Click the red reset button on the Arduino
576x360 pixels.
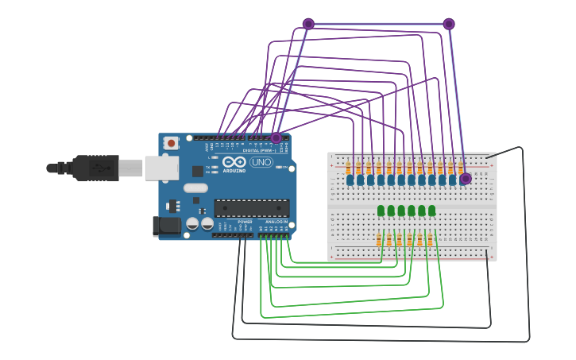pos(170,143)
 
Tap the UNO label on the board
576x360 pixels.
pos(261,162)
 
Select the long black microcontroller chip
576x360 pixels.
pos(251,208)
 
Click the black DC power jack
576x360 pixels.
pos(169,226)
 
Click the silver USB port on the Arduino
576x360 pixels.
pos(161,168)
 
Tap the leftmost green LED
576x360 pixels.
pos(381,211)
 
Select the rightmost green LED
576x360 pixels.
pos(432,211)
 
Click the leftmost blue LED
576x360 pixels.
pos(350,180)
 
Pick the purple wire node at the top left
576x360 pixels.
pos(308,24)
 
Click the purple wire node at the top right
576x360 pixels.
pos(449,24)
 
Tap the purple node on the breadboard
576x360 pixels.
pos(466,179)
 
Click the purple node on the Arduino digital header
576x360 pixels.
pos(276,138)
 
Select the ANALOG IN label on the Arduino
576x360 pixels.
pos(276,222)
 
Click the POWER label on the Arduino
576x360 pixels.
pos(245,222)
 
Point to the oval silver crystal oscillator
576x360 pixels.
pos(195,188)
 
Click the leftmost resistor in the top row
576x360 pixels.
pos(349,168)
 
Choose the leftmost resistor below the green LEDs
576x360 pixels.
pos(379,239)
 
